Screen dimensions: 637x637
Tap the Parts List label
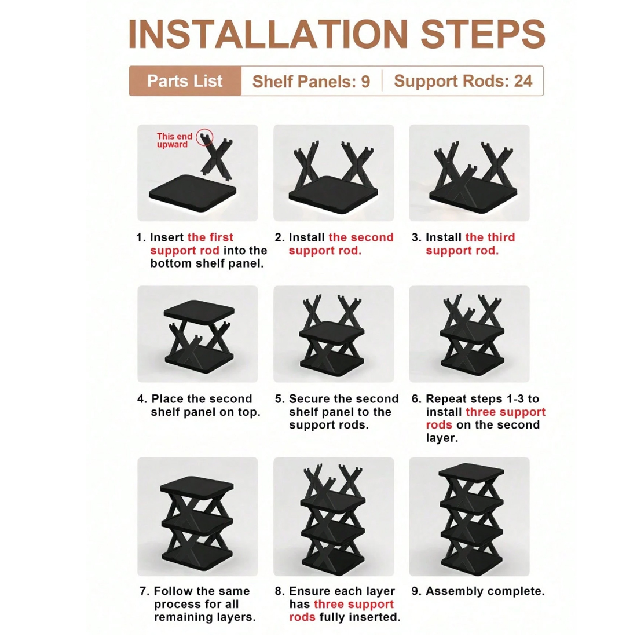185,81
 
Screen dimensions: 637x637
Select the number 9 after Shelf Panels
365,82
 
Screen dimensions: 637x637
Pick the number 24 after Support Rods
523,81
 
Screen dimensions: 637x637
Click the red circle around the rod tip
204,138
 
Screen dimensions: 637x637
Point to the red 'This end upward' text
174,140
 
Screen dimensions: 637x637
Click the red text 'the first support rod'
191,244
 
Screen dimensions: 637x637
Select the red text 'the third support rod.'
470,244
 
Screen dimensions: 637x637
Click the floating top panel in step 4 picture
199,310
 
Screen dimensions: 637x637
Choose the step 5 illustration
334,334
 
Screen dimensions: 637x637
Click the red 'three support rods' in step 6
485,418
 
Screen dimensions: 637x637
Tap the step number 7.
144,591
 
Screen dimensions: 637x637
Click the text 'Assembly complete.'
485,591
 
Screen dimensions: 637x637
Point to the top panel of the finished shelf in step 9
471,471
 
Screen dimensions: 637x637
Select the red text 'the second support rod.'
341,244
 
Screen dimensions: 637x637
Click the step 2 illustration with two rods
334,173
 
